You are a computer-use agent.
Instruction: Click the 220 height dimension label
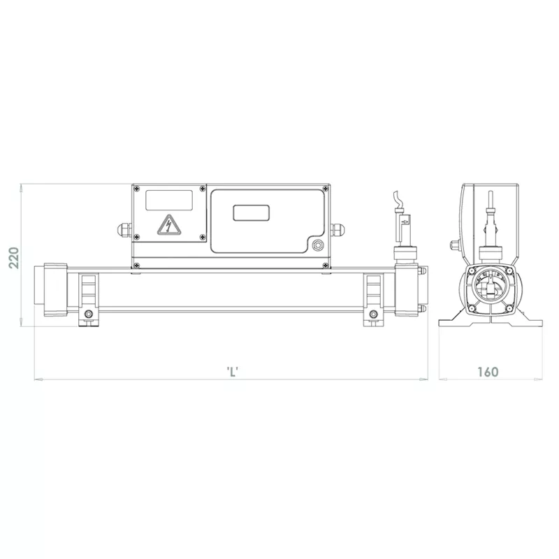tap(14, 257)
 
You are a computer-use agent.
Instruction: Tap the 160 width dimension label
tap(488, 372)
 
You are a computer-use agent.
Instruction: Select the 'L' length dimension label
tap(233, 372)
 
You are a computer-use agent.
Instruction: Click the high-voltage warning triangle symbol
tap(169, 225)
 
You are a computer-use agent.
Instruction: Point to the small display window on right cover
tap(251, 213)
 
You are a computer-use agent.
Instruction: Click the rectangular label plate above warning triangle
tap(169, 200)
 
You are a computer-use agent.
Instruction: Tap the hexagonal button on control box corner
tap(317, 245)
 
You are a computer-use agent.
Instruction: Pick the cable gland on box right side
tap(337, 229)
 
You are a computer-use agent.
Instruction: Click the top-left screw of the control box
tap(136, 189)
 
